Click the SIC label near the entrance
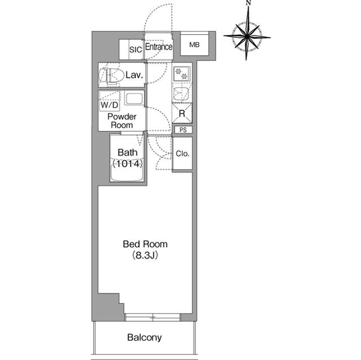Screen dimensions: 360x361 (135, 50)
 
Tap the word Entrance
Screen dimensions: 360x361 (159, 47)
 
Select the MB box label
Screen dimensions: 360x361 (195, 45)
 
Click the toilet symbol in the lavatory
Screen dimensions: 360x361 (112, 74)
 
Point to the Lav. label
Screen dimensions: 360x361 (134, 74)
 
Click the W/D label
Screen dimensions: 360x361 (109, 105)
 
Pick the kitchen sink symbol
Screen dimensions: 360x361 (182, 93)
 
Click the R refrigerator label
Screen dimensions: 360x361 (182, 113)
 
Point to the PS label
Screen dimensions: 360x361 (182, 130)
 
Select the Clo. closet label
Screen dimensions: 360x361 (182, 153)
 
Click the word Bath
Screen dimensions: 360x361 (127, 152)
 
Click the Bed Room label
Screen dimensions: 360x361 (146, 245)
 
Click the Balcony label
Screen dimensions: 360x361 (144, 338)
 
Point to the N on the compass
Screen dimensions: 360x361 (248, 4)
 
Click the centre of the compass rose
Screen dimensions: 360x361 (247, 36)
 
